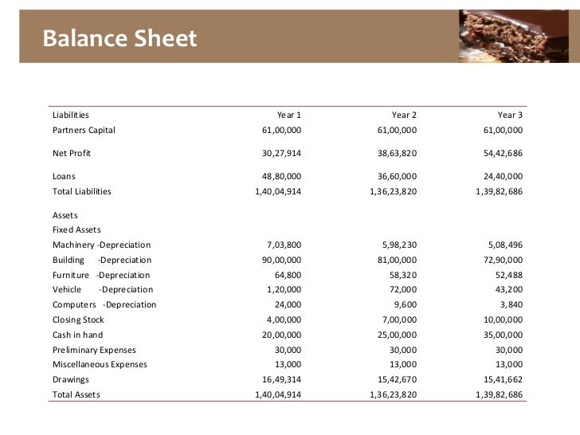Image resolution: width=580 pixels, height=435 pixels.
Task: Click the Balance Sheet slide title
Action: pos(119,37)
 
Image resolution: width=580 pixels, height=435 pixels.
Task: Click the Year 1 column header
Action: pos(289,115)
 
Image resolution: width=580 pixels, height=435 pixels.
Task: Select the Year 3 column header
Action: pos(510,115)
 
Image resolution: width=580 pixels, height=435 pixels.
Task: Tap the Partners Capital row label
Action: pos(84,130)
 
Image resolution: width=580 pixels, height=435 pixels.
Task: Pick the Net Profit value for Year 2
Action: pos(393,153)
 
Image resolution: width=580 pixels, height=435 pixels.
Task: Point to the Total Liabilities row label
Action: pos(81,191)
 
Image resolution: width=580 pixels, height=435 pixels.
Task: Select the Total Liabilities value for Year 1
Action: pos(276,191)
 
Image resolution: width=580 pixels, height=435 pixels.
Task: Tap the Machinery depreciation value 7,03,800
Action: pos(284,245)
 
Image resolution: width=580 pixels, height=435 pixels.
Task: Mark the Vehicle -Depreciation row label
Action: pos(102,290)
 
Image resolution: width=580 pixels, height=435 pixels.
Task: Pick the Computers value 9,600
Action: pos(402,305)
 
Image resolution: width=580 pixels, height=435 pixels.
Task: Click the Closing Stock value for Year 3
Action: pos(500,320)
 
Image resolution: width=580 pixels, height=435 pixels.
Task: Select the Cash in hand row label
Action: pos(77,335)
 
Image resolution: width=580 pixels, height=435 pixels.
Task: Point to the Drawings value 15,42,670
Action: pos(393,380)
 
